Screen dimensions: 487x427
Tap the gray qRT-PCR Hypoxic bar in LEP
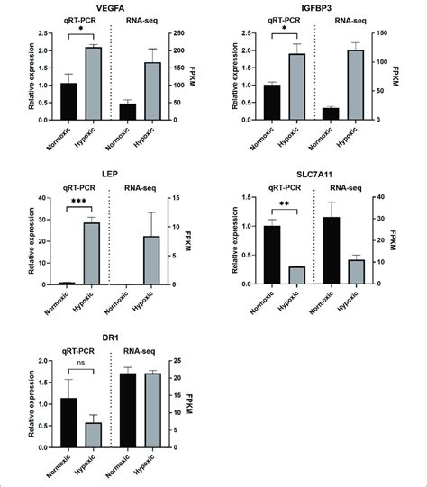coord(91,253)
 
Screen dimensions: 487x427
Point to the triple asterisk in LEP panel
coord(79,205)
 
